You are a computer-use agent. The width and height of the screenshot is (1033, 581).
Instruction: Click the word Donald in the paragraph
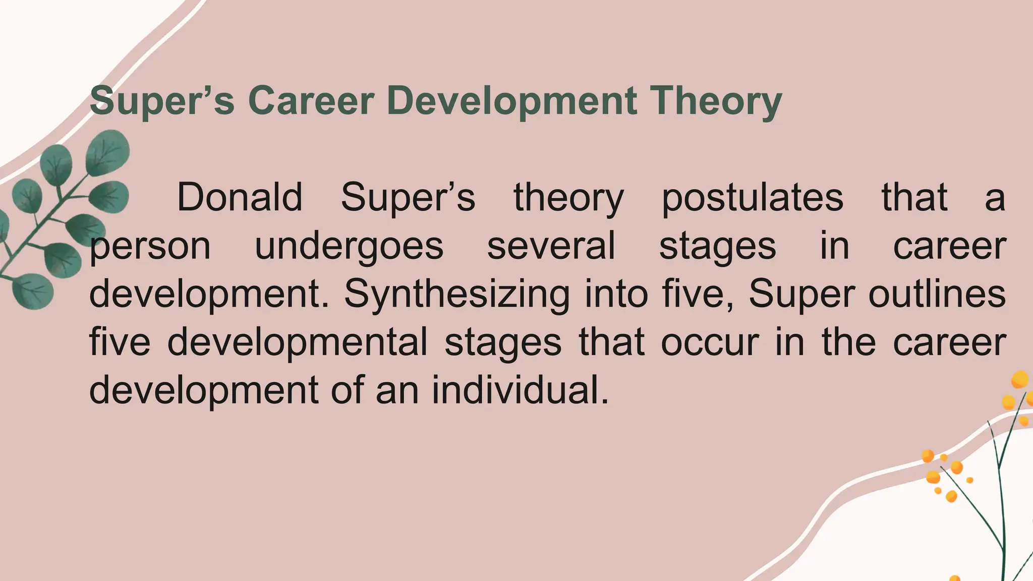click(x=240, y=197)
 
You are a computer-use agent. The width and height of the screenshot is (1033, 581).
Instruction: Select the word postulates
click(x=752, y=198)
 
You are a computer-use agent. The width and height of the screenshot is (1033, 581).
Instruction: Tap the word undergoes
click(x=349, y=247)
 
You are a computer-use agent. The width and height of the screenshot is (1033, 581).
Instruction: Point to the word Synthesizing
click(x=456, y=295)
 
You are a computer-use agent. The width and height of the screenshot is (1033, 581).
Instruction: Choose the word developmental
click(x=298, y=342)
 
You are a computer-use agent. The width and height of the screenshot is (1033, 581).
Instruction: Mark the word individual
click(x=520, y=390)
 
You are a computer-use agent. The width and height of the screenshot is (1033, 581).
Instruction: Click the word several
click(x=551, y=246)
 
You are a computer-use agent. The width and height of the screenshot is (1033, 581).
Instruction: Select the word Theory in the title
click(x=716, y=101)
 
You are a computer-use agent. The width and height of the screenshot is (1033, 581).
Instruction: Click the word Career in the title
click(x=311, y=100)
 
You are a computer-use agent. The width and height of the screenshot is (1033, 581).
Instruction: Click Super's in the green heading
click(x=162, y=101)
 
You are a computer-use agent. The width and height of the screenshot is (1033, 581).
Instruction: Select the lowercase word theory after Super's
click(x=568, y=198)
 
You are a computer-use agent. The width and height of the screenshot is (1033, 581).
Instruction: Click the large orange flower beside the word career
click(x=1019, y=379)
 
